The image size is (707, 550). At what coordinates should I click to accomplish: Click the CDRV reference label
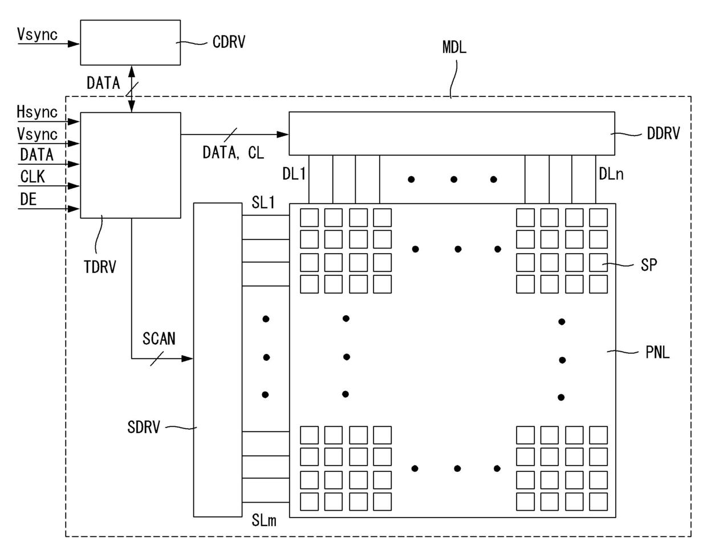[229, 42]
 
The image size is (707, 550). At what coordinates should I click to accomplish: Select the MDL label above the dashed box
[454, 47]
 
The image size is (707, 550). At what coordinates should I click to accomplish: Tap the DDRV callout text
[663, 133]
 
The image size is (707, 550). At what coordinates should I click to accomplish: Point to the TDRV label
[100, 267]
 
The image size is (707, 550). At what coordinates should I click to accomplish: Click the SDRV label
[144, 427]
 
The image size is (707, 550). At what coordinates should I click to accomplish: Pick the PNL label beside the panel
[657, 352]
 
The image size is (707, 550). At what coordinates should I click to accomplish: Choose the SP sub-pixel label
[648, 265]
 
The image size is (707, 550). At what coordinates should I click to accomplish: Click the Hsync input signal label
[37, 112]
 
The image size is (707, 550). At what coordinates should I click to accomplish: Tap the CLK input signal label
[32, 177]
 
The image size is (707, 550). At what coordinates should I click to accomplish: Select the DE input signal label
[29, 199]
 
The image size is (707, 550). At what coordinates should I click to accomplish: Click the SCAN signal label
[159, 339]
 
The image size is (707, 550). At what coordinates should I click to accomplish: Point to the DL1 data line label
[294, 174]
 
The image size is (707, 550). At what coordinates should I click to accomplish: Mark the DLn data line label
[611, 174]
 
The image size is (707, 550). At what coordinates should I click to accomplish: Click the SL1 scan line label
[263, 203]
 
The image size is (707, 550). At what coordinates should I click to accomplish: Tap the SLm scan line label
[264, 521]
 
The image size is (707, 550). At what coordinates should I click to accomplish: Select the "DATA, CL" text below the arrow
[233, 153]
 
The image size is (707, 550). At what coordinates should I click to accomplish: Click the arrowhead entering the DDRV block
[282, 135]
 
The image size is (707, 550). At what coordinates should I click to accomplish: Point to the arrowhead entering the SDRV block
[188, 358]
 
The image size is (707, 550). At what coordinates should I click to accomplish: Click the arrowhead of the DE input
[74, 209]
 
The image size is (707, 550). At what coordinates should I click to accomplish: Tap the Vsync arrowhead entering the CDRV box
[74, 43]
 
